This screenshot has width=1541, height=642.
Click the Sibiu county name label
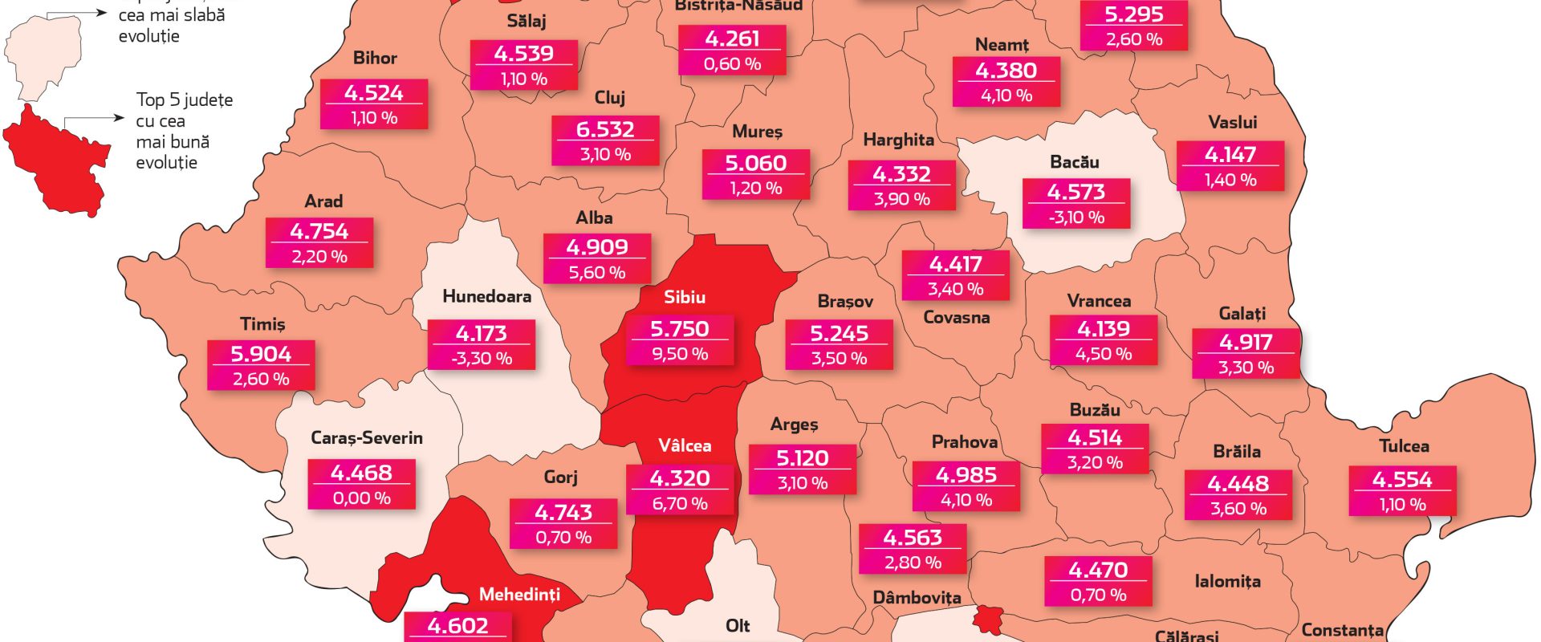(x=685, y=298)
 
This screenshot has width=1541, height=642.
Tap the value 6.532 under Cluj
(x=605, y=129)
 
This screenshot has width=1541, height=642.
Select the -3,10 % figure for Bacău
(x=1076, y=217)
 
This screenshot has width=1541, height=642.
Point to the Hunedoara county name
(x=486, y=297)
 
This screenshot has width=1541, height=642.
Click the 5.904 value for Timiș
(x=261, y=354)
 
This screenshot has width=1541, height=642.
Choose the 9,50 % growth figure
(x=680, y=354)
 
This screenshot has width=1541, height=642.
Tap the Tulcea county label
(x=1404, y=446)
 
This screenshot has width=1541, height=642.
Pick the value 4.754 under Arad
(x=319, y=231)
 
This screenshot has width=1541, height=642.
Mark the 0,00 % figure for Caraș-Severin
(x=362, y=498)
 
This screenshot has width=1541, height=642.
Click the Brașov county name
(x=845, y=302)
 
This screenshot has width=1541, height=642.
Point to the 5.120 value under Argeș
(x=803, y=458)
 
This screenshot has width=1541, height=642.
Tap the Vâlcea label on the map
(x=685, y=446)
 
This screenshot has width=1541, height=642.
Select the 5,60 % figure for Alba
(x=597, y=273)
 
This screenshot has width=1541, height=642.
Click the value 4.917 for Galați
(x=1246, y=343)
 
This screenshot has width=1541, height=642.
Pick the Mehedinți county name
(x=519, y=595)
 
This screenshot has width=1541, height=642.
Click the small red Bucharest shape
(x=989, y=619)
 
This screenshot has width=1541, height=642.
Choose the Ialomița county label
(x=1227, y=582)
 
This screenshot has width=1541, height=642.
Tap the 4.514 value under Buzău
(x=1095, y=438)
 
